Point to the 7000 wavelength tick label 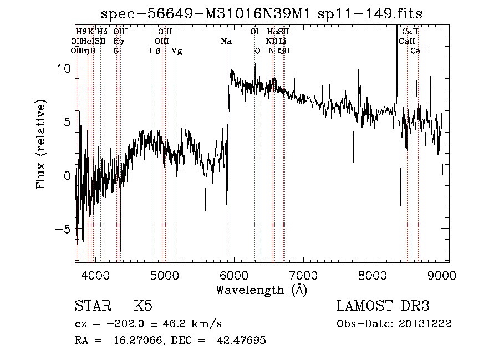click(x=303, y=274)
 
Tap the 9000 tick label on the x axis click(x=442, y=274)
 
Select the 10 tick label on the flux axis click(x=64, y=68)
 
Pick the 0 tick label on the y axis click(x=68, y=176)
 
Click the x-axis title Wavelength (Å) click(x=261, y=290)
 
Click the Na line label click(x=226, y=41)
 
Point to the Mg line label click(x=176, y=50)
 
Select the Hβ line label click(x=155, y=50)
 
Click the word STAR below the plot click(x=91, y=306)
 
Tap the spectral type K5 click(x=143, y=306)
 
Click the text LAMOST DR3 click(x=383, y=306)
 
